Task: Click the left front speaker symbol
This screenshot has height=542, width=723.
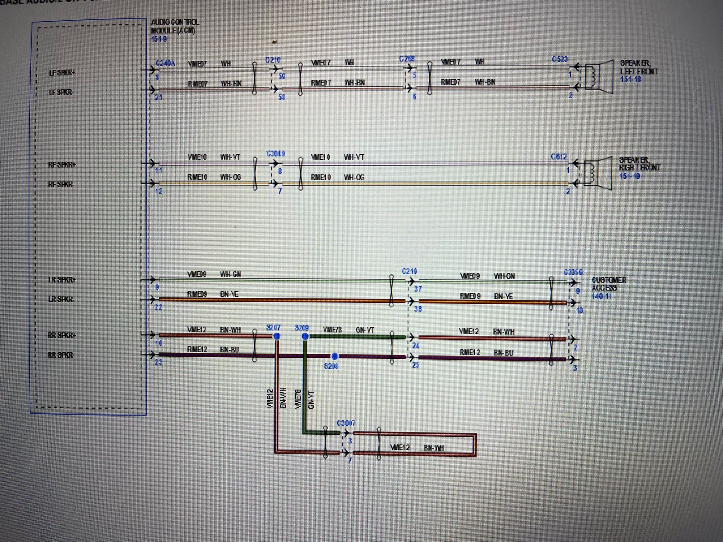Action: [x=599, y=77]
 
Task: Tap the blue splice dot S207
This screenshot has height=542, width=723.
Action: [x=277, y=336]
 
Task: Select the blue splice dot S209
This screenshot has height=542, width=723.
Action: [x=305, y=336]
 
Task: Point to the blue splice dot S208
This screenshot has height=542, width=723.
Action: [x=335, y=356]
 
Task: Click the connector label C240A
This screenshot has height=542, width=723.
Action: [x=165, y=63]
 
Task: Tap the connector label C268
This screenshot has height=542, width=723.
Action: [x=407, y=59]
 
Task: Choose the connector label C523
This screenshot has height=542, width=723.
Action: [x=560, y=59]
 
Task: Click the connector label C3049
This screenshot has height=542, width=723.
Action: [x=275, y=154]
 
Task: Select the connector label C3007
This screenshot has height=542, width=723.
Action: [x=346, y=423]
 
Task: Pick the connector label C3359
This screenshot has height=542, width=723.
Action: [x=573, y=272]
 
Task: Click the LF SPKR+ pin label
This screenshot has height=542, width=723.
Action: [x=62, y=73]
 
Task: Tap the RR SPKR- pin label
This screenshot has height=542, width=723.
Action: [x=61, y=355]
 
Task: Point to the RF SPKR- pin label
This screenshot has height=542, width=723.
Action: [x=61, y=185]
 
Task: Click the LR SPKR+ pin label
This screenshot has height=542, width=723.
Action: [x=62, y=280]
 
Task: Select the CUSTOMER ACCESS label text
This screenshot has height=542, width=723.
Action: [x=609, y=284]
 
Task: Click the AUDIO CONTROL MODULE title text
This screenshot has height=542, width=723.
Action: [x=175, y=26]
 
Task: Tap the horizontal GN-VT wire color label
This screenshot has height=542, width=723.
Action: [x=365, y=330]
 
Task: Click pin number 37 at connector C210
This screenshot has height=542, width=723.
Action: [x=418, y=289]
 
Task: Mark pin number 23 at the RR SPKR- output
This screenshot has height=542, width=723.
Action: [x=158, y=362]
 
